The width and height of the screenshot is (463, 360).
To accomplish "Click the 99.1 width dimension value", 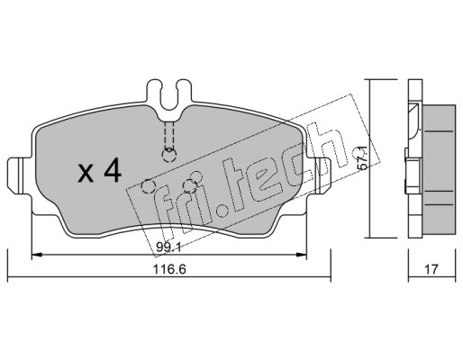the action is tap(168, 247).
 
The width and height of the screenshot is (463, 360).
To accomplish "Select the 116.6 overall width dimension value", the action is tap(169, 269).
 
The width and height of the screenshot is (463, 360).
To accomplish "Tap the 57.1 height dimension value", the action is tap(363, 157).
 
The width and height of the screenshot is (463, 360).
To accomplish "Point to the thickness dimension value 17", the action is tap(431, 269).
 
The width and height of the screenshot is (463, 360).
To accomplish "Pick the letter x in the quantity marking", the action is tap(86, 174).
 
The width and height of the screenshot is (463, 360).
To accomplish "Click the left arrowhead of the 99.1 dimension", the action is tap(36, 255).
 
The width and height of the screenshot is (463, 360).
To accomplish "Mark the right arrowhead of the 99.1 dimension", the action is tap(302, 255).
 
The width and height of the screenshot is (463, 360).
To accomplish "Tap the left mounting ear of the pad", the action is tap(19, 175).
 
